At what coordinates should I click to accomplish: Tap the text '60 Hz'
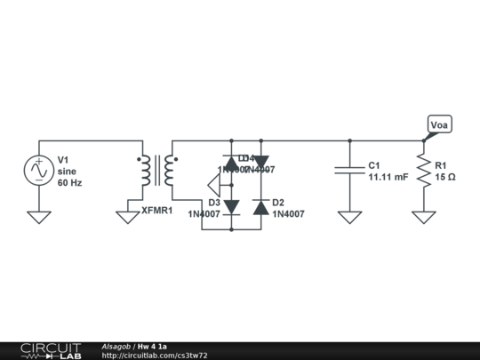point(69,182)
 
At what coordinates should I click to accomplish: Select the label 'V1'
point(63,160)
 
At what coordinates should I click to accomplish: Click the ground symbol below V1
point(39,216)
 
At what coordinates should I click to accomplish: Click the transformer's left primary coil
point(144,171)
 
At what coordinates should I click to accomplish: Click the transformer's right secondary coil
point(170,171)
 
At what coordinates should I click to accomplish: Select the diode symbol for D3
point(231,207)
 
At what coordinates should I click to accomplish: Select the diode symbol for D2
point(260,207)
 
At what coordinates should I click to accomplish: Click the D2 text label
point(278,202)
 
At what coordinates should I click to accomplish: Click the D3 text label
point(214,202)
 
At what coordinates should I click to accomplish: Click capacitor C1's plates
point(349,170)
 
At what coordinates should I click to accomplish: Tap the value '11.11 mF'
point(388,177)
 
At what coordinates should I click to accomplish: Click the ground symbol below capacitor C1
point(349,216)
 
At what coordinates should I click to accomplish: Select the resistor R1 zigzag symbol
point(424,170)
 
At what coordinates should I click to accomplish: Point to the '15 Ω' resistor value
point(444,177)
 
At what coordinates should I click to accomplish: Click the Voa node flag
point(438,125)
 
